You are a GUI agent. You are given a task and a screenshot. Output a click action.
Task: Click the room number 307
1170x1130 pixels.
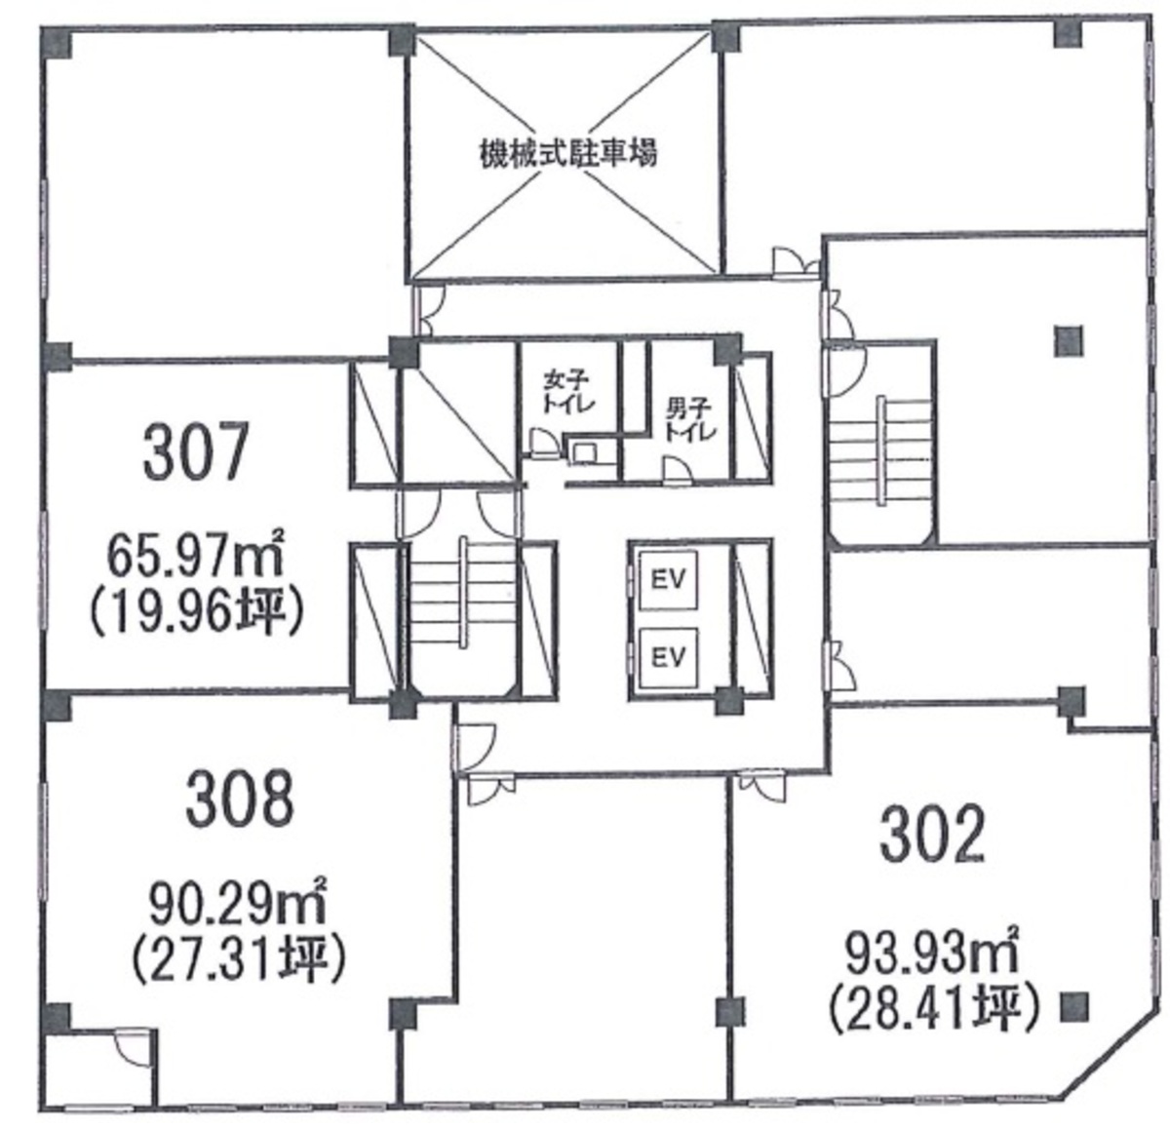[x=196, y=450]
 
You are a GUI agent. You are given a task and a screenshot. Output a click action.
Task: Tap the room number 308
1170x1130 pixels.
[x=240, y=800]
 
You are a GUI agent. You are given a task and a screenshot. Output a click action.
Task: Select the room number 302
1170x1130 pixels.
[x=932, y=834]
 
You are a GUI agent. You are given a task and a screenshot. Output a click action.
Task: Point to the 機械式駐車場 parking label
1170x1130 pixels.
[x=567, y=154]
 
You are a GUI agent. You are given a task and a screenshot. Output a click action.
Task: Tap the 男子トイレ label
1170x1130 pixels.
[x=689, y=420]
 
